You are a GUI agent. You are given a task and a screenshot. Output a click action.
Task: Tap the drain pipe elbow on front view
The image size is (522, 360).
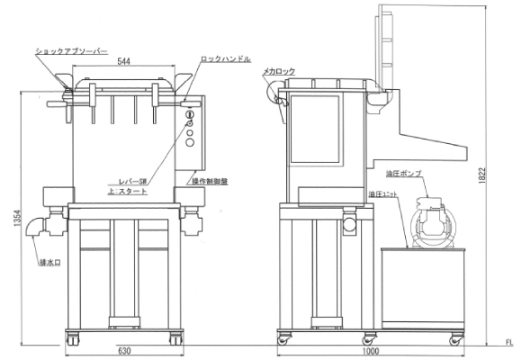pyautogui.click(x=36, y=228)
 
